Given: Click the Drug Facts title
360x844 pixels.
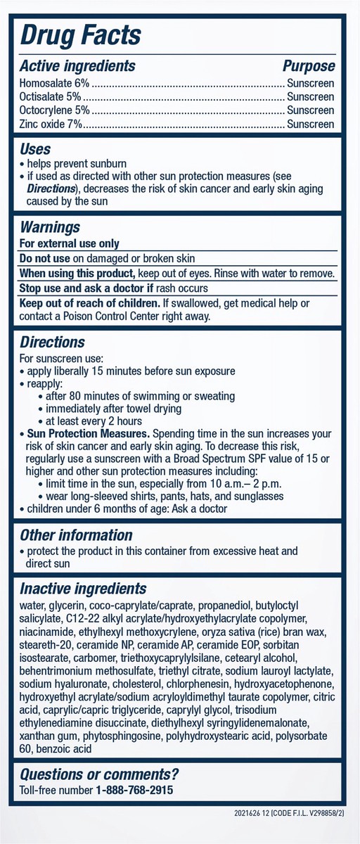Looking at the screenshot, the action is coord(81,34).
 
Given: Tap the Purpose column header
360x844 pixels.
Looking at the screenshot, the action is coord(309,66).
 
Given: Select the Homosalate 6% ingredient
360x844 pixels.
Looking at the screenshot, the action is coord(49,84).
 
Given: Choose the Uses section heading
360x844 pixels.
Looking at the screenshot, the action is coord(35,149).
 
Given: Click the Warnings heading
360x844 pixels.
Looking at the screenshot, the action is coord(50,227).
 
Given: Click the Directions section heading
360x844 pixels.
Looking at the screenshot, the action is coord(52,343).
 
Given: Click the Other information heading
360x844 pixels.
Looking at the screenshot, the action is coord(76,535).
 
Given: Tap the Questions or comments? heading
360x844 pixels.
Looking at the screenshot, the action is coord(99,775).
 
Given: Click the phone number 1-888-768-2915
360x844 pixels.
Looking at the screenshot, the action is coord(135,791).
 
